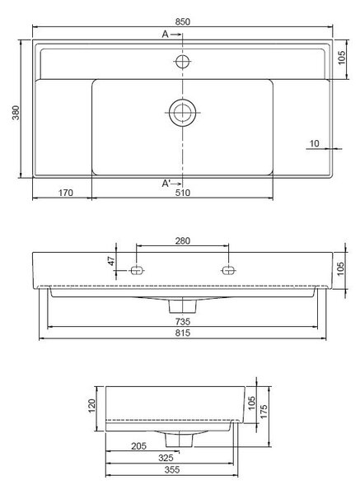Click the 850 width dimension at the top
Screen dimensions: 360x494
click(x=183, y=21)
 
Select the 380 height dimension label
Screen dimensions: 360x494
click(x=16, y=113)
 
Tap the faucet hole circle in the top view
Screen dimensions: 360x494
click(x=183, y=62)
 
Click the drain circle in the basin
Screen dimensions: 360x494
click(x=183, y=113)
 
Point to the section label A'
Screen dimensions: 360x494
click(x=166, y=184)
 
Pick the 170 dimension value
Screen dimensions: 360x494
click(x=66, y=193)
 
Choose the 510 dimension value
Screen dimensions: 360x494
click(x=183, y=193)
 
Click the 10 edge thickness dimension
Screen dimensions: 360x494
click(x=315, y=143)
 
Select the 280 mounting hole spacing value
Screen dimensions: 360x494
click(x=183, y=240)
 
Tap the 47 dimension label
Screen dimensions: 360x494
click(x=111, y=261)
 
